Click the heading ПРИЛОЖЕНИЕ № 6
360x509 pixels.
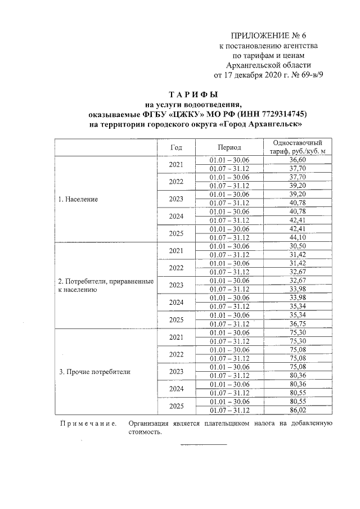pos(269,36)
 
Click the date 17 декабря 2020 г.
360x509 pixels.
pos(253,74)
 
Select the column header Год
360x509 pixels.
pos(176,147)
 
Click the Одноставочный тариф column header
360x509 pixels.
pos(297,147)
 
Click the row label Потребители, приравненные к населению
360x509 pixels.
pos(106,285)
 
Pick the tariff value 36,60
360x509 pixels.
pos(297,160)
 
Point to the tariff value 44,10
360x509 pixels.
pos(297,237)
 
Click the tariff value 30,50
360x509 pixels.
pos(297,246)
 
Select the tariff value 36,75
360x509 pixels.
pos(297,323)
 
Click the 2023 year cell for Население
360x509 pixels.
pos(176,199)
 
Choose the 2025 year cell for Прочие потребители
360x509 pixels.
pos(176,406)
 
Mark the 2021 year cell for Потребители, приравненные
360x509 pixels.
pos(176,250)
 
